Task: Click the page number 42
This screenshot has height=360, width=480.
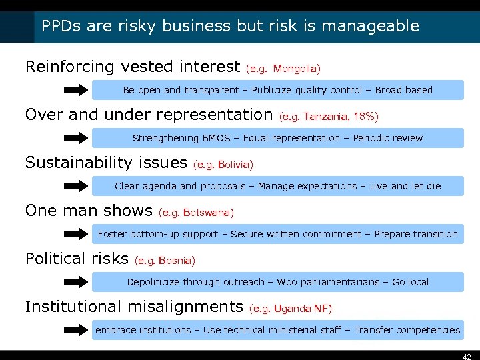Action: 467,356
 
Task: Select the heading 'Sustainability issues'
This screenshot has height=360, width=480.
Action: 106,163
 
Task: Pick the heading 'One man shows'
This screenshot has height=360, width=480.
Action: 89,211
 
